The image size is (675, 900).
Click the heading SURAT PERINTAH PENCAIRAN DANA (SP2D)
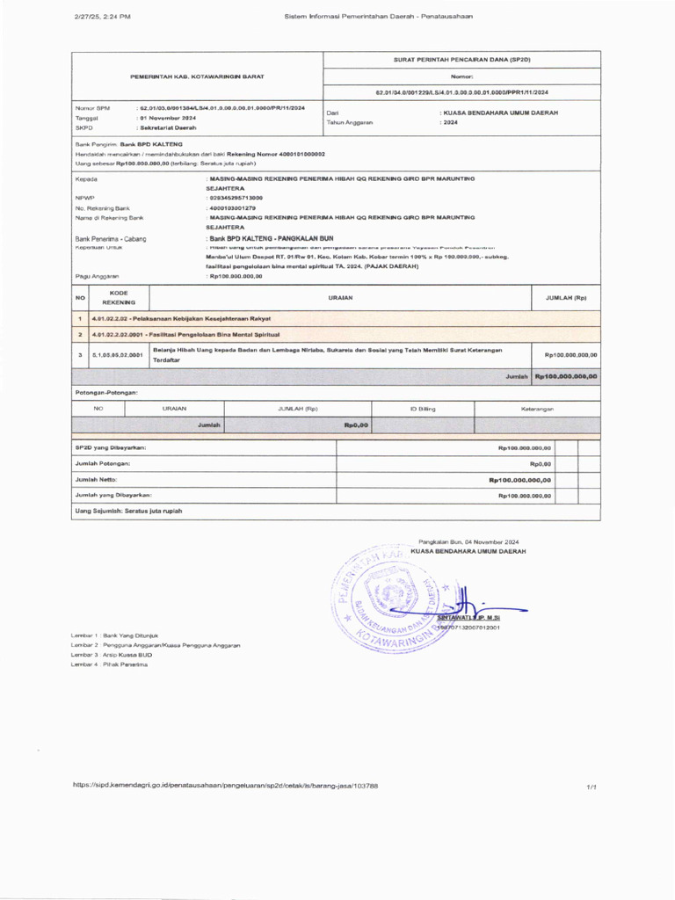pyautogui.click(x=461, y=59)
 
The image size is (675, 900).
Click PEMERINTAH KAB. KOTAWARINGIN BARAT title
pyautogui.click(x=198, y=76)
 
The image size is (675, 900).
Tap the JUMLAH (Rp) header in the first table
pyautogui.click(x=566, y=298)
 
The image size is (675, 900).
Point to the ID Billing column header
pyautogui.click(x=423, y=409)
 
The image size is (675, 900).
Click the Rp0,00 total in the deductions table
pyautogui.click(x=356, y=425)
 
